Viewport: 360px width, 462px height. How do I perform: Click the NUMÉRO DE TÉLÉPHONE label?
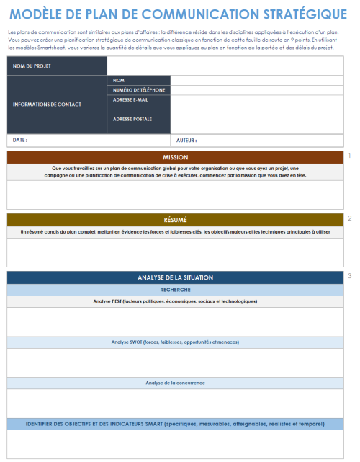(138, 90)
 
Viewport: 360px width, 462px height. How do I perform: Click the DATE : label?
(19, 141)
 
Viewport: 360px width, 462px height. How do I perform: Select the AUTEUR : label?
(186, 141)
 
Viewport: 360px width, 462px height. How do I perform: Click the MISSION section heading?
(175, 157)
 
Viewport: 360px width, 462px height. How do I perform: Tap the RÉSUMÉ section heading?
(175, 220)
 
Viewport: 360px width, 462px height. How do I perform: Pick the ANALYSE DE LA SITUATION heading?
(175, 277)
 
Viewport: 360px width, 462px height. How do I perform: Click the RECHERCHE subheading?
(175, 290)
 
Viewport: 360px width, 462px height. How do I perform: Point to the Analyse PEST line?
(175, 301)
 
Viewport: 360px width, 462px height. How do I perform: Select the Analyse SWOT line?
(175, 342)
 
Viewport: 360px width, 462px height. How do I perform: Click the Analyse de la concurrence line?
(175, 383)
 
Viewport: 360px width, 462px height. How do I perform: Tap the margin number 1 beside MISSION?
(350, 155)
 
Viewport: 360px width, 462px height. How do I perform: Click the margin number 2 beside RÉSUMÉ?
(350, 218)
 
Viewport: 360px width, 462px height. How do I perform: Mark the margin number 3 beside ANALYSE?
(350, 276)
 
